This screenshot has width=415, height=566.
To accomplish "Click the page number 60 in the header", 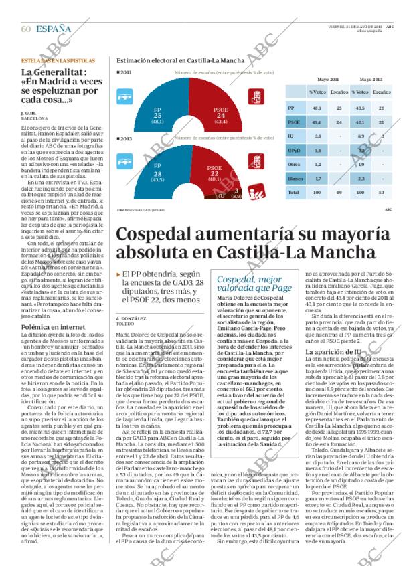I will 26,28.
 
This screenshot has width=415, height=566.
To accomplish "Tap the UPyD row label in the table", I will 293,151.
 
